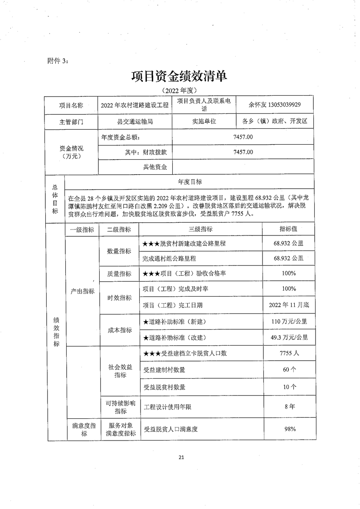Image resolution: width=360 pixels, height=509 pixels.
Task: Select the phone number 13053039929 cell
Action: (x=275, y=104)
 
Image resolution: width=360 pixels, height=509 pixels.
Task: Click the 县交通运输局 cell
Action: (x=135, y=122)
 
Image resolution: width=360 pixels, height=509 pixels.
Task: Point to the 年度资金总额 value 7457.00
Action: (x=243, y=137)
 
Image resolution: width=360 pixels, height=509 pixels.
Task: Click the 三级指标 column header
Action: (x=200, y=230)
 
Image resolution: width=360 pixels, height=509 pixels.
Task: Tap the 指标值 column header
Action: (x=288, y=230)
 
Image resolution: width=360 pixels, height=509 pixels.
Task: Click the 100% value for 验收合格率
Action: (x=288, y=273)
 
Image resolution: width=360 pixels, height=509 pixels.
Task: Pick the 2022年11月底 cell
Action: (x=288, y=304)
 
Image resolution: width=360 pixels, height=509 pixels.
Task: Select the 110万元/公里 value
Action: (x=288, y=322)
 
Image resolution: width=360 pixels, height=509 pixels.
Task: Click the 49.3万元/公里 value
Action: (x=288, y=337)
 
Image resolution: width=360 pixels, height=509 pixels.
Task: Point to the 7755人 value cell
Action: (x=288, y=353)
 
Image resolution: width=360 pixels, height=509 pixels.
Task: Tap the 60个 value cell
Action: (x=288, y=370)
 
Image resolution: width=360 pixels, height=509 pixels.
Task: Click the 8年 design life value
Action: (x=288, y=406)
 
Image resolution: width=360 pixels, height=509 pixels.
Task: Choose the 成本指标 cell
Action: (x=119, y=330)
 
